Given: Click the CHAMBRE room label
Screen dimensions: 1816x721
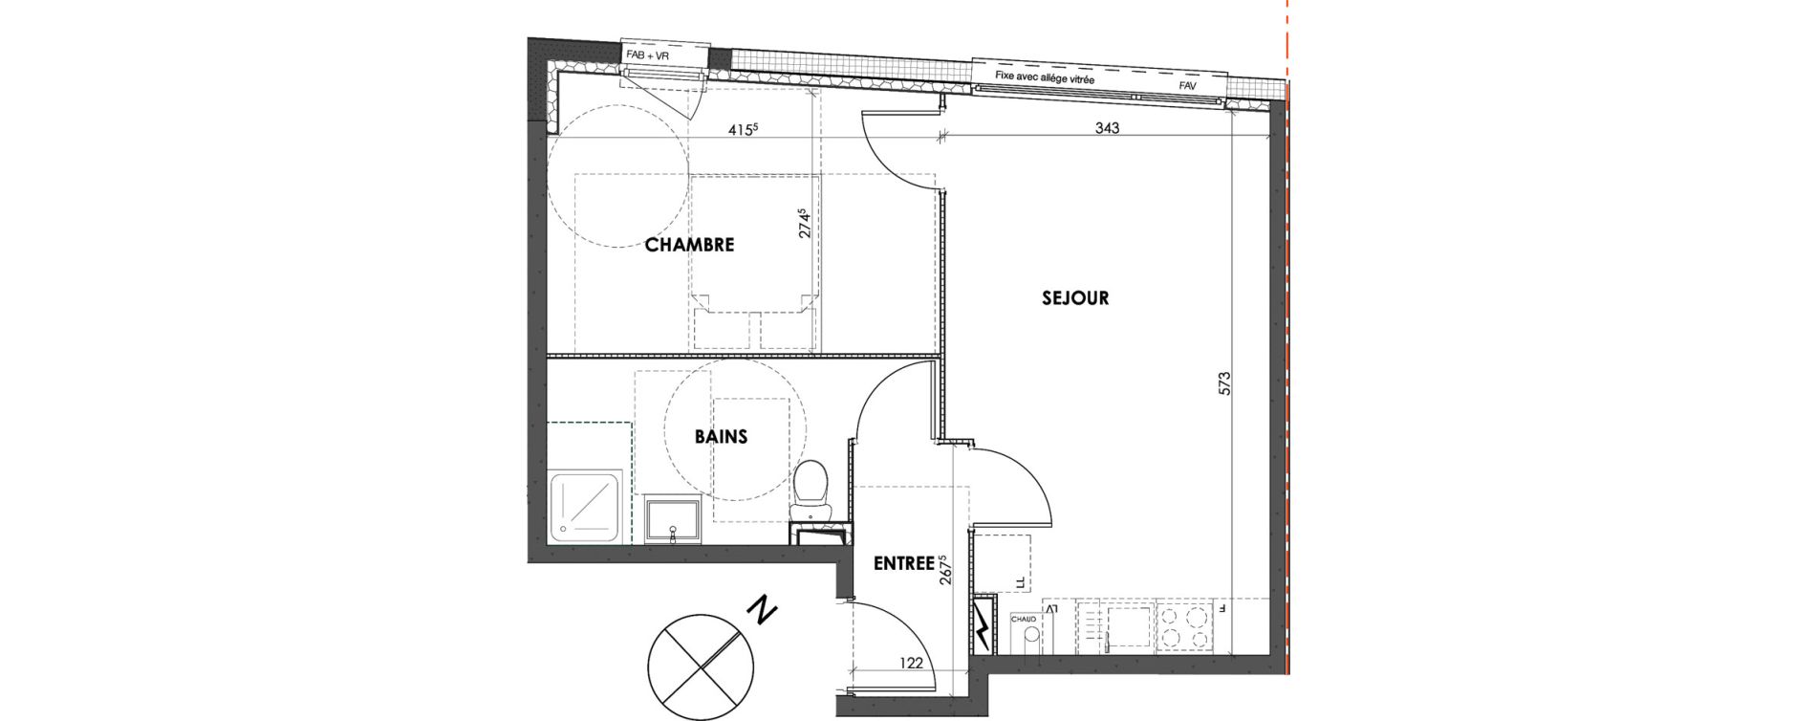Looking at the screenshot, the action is point(689,245).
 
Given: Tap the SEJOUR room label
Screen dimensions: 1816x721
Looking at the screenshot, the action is point(1075,298).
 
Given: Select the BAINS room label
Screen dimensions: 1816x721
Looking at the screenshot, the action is point(721,437).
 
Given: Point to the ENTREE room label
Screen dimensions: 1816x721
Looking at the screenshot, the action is point(903,564).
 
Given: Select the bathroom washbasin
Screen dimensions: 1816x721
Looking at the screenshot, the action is point(675,520).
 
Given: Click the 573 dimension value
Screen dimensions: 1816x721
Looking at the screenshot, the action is point(1226,382).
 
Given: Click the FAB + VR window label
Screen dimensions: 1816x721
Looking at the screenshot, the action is point(647,56).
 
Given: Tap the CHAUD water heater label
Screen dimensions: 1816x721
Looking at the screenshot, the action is point(1025,620).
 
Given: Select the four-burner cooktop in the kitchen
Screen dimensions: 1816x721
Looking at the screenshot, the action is point(1183,627).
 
